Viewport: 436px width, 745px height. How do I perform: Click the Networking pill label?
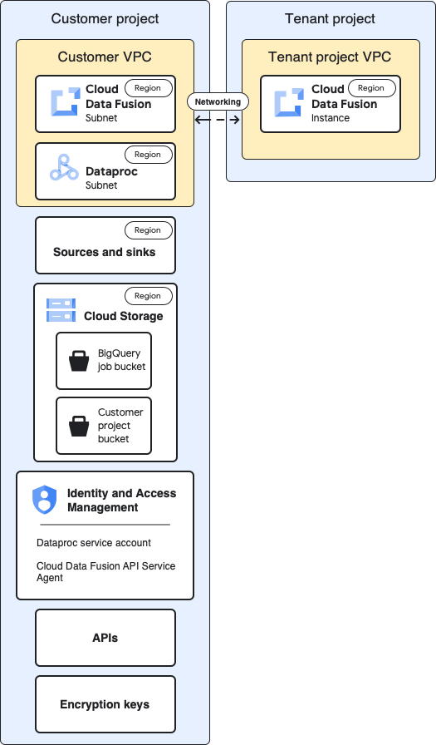point(218,101)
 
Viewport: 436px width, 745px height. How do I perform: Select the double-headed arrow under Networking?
point(218,120)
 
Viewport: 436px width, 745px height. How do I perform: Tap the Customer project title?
point(105,18)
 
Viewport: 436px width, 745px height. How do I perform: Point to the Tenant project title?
point(330,18)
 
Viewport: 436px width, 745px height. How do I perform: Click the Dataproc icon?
point(64,168)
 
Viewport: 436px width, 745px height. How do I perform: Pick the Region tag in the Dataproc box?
point(148,155)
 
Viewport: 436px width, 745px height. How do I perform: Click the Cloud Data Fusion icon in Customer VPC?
point(64,102)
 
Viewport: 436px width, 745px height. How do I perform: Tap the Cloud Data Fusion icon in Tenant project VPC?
point(289,102)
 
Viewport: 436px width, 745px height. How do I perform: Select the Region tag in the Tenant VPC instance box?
point(371,88)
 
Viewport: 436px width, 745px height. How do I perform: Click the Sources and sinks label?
point(105,252)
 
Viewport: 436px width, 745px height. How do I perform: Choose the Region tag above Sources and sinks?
point(148,229)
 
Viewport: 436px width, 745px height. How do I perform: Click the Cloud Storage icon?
point(61,310)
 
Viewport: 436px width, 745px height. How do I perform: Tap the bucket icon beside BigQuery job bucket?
point(79,361)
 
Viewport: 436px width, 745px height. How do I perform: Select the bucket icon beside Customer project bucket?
point(79,426)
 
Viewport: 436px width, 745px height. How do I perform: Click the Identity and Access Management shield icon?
point(44,500)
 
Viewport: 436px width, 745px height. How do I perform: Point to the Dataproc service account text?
point(94,543)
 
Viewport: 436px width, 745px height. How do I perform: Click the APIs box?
point(105,638)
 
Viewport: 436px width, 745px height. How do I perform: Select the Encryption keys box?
point(105,704)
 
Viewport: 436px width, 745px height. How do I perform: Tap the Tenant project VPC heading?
point(330,57)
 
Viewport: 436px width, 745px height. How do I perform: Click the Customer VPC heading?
point(105,57)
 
